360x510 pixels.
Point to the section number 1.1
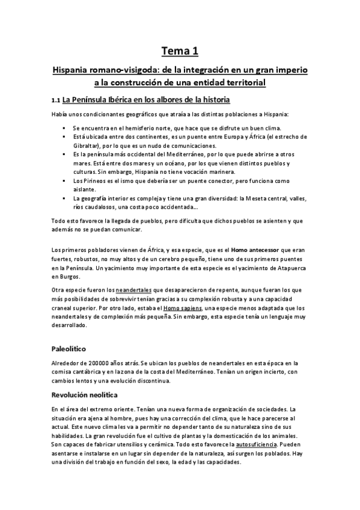coord(56,99)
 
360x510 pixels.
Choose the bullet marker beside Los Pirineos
coord(63,180)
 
